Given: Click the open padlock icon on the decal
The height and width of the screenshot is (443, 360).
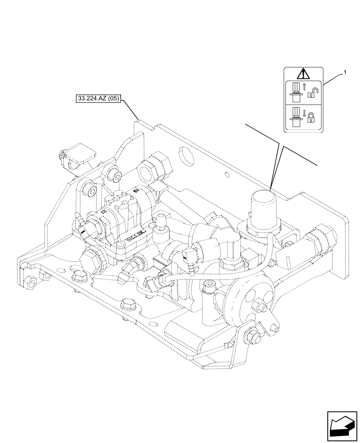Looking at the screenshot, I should click(313, 93).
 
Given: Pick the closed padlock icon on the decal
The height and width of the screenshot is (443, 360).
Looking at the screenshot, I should click(312, 117).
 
